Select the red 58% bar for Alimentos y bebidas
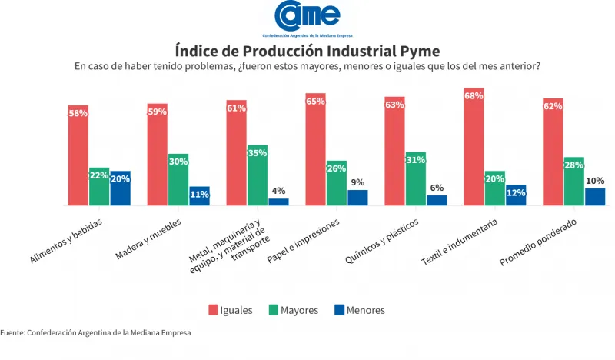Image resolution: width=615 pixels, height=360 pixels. coord(78,158)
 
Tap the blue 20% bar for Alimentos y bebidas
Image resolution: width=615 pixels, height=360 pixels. coord(120,189)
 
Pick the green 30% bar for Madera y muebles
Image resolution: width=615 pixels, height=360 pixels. coord(178,181)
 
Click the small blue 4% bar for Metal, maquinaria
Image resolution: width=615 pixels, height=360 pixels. coord(278,202)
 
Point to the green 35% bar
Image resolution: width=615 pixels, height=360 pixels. coord(258,177)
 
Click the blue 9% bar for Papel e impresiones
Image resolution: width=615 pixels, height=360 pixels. coord(357,198)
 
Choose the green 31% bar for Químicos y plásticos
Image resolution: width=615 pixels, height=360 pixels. coord(415,180)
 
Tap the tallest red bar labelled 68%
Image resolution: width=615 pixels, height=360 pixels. coord(474,148)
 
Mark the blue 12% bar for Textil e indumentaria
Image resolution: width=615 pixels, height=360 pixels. coord(516,195)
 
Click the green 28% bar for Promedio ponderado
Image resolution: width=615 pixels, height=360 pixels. coord(573,182)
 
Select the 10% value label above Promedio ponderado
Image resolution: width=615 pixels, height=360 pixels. coord(595,181)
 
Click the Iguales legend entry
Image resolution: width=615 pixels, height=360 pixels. coord(230,310)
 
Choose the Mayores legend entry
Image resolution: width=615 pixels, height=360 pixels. coord(293,310)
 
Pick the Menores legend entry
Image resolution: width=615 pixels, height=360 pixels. coord(359,310)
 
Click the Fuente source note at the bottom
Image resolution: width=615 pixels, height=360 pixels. coord(95,332)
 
